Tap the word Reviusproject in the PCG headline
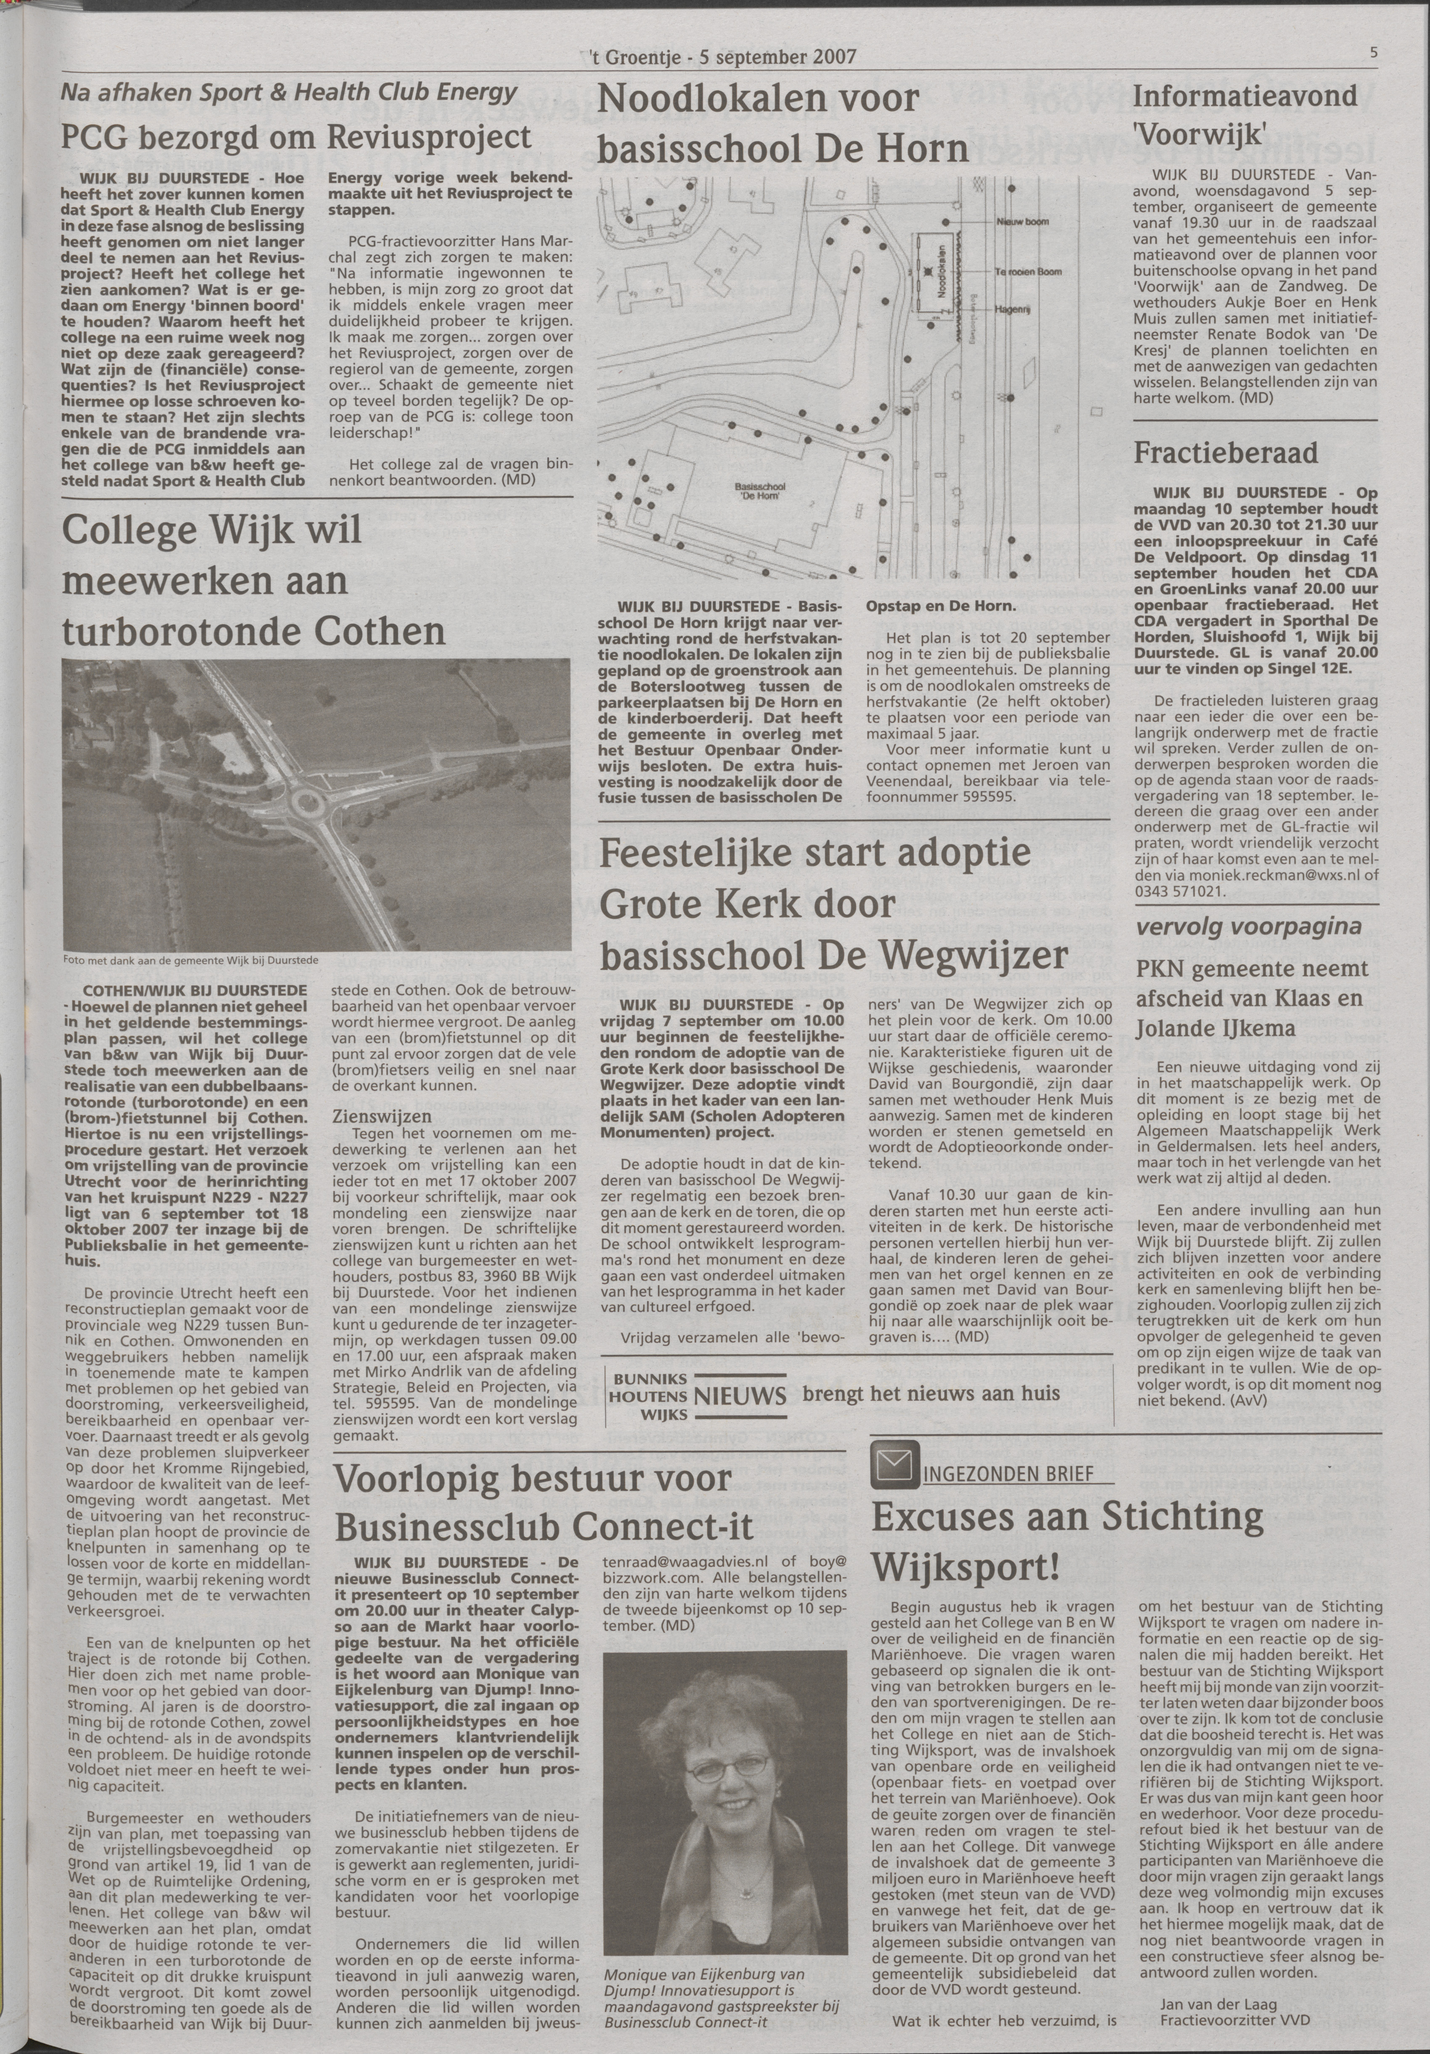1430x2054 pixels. click(x=430, y=137)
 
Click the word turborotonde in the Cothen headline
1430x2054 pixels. click(x=170, y=632)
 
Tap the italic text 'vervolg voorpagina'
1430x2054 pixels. click(x=1237, y=927)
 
